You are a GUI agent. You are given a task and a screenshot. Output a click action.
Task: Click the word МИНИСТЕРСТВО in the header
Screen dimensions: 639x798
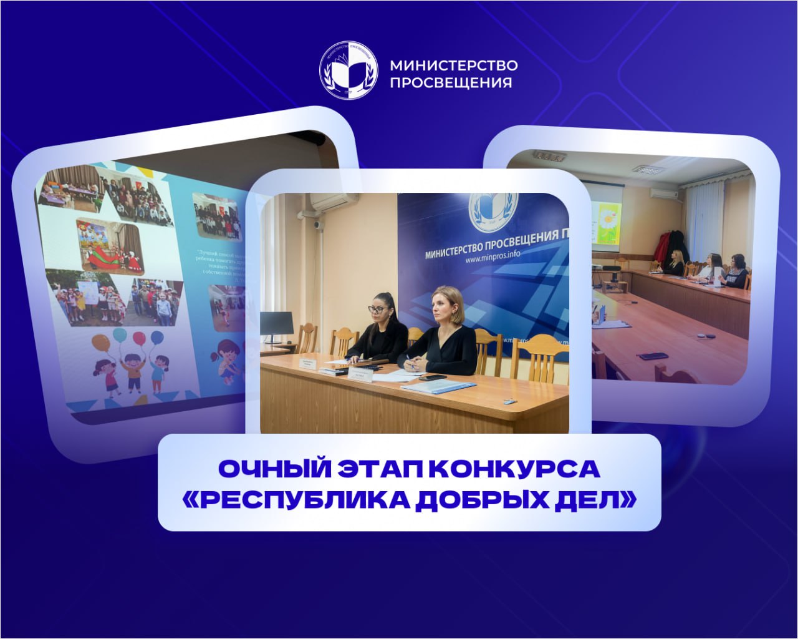(453, 65)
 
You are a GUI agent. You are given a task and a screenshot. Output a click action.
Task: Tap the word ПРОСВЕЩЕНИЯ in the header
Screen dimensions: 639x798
(451, 82)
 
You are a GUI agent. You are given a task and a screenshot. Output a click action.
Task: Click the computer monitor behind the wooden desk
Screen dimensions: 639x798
(276, 324)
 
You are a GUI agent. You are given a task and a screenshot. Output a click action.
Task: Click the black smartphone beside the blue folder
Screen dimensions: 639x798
(432, 378)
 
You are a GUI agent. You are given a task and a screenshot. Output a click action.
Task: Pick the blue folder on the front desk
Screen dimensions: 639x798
(430, 386)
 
